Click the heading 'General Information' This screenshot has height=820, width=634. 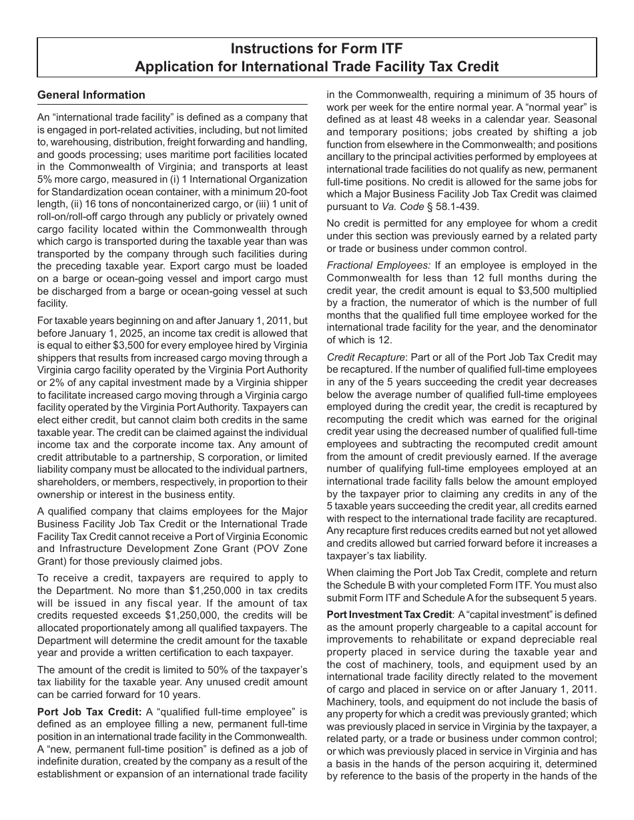coord(91,95)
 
